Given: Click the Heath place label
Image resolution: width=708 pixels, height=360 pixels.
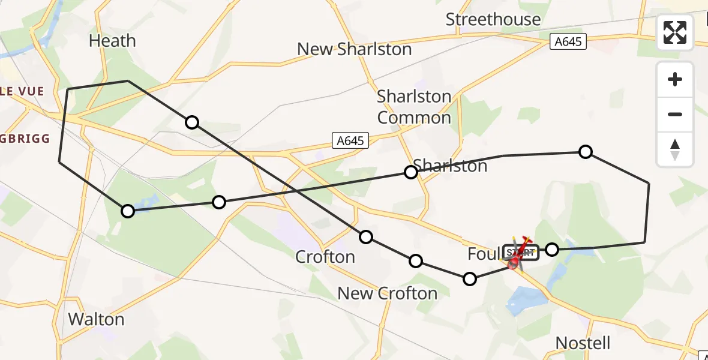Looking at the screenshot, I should tap(112, 41).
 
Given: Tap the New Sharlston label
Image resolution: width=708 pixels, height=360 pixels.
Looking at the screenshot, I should tap(355, 49).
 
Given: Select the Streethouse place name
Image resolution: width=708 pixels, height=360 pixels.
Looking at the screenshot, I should tap(493, 19).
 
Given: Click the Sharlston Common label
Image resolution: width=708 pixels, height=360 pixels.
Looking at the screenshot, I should tap(414, 107).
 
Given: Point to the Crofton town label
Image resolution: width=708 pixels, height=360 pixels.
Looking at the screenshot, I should tap(325, 257).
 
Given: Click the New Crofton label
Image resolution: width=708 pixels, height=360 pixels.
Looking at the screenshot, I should tap(387, 293).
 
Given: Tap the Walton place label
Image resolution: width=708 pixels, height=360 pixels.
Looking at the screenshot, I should tap(96, 319).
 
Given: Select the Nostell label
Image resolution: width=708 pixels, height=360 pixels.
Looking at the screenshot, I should tap(583, 343).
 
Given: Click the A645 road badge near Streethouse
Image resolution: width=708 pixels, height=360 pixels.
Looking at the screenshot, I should tap(568, 42).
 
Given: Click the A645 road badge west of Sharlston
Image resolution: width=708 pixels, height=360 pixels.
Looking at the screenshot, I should tap(349, 141).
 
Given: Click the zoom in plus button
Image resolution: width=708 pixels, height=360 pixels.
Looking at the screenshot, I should tap(675, 79).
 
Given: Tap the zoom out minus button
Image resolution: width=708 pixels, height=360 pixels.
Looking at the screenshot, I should tap(675, 114).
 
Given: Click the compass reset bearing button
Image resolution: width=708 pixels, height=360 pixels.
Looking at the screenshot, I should tap(675, 149).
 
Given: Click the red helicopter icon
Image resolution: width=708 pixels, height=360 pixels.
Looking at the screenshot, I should tap(519, 254).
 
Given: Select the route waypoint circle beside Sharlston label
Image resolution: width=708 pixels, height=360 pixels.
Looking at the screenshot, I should tap(410, 172).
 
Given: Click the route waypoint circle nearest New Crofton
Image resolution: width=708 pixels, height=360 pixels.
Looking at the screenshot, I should tap(415, 261).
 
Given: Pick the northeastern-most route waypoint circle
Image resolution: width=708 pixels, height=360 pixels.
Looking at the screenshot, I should tap(586, 152).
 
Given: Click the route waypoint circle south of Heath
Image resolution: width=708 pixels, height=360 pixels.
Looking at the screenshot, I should tap(191, 122).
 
